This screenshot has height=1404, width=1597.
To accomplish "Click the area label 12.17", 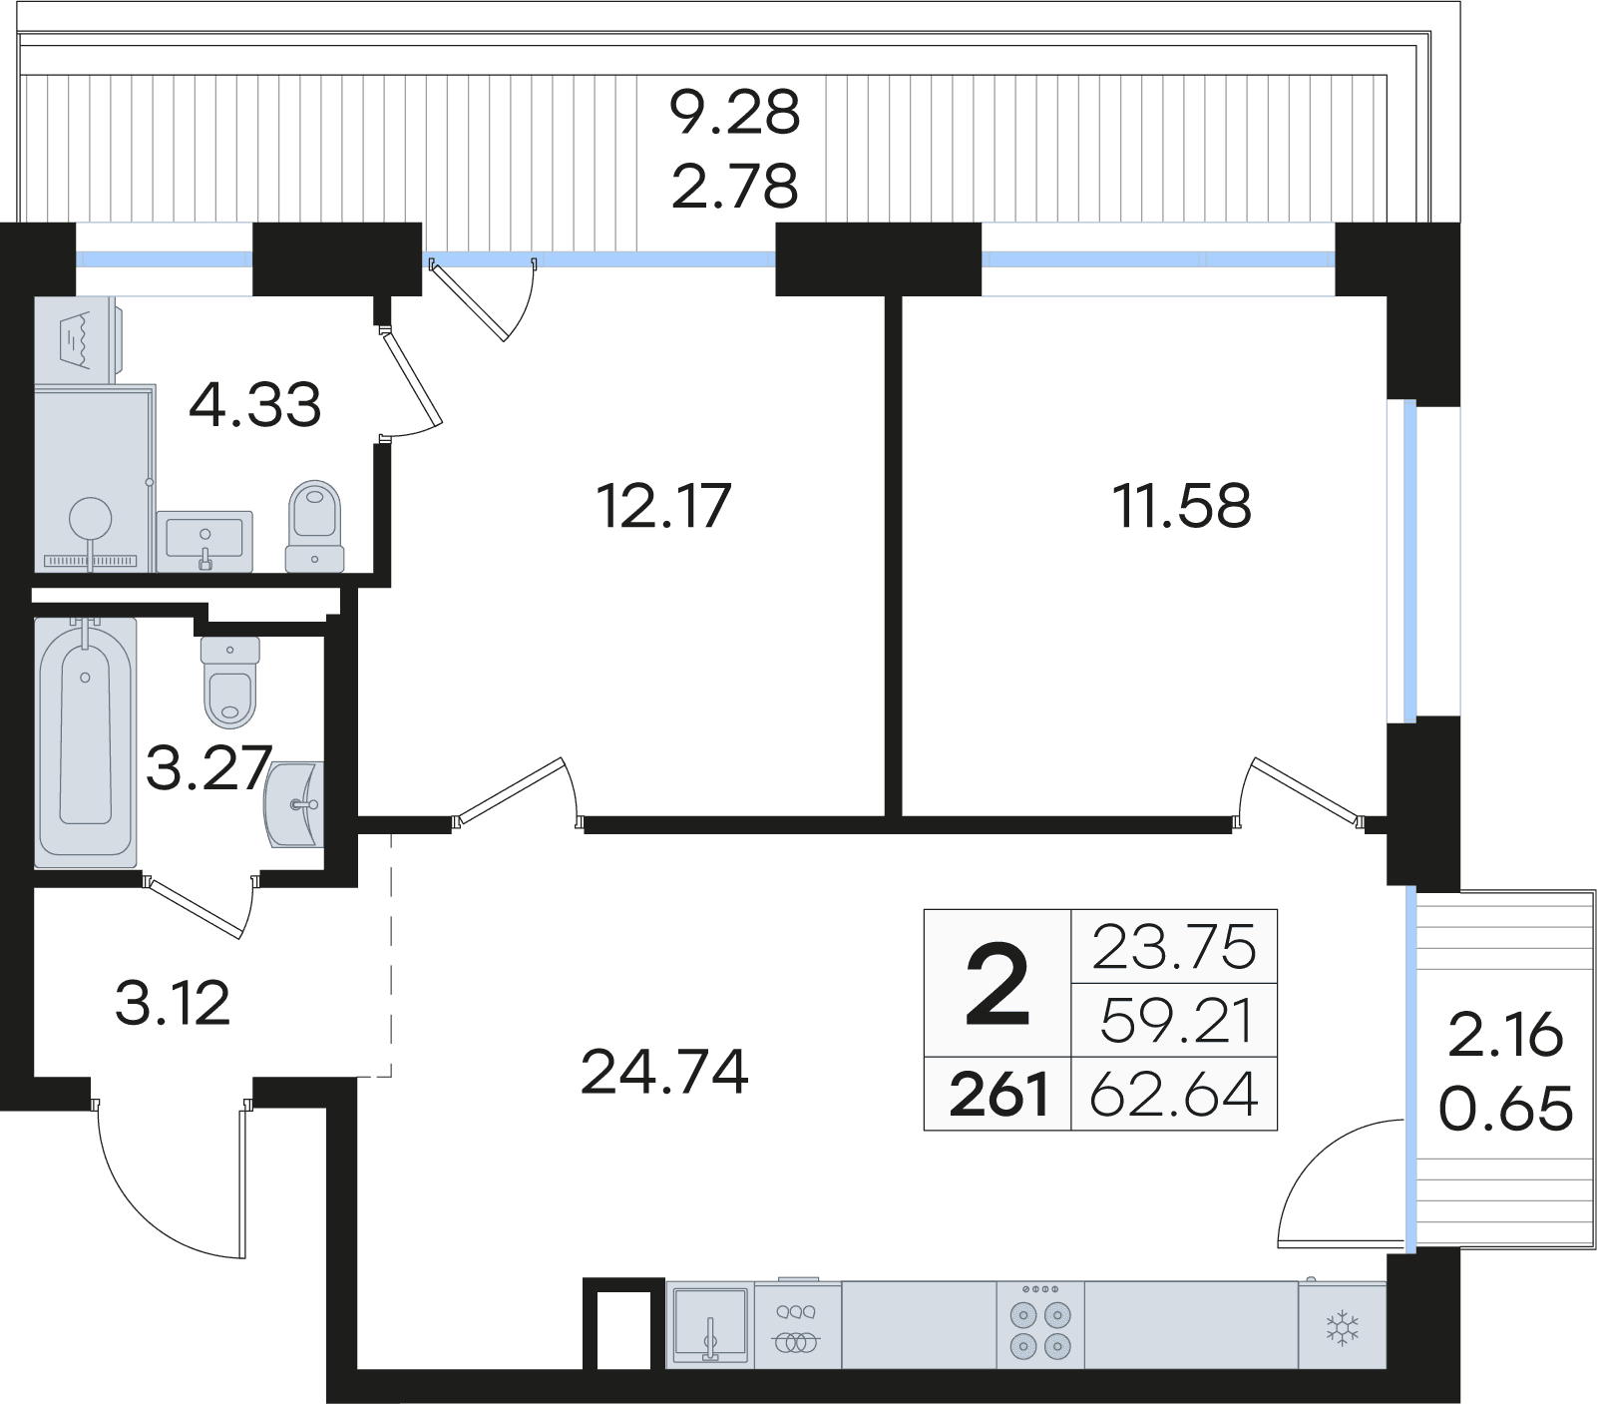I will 663,506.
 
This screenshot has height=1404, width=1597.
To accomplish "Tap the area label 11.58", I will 1181,506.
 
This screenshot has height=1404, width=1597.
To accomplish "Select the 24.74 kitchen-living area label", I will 664,1073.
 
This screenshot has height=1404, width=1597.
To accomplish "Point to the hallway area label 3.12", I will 173,1003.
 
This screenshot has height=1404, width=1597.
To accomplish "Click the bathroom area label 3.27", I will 207,768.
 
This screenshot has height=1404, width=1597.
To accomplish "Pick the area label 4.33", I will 255,405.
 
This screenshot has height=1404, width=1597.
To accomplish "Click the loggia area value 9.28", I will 734,112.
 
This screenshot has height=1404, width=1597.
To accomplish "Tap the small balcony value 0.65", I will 1505,1109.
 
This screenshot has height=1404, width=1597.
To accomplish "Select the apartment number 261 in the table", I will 998,1095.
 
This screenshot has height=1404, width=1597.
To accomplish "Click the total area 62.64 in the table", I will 1174,1095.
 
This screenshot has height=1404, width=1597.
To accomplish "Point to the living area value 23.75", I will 1174,947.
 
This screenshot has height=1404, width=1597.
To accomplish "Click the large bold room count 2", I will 997,986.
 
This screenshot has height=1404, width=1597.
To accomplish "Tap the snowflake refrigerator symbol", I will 1343,1328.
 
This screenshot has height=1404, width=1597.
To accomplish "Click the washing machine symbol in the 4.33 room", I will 77,339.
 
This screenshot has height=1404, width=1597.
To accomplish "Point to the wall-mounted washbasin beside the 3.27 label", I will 295,804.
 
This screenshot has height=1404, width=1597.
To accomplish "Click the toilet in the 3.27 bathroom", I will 230,683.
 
